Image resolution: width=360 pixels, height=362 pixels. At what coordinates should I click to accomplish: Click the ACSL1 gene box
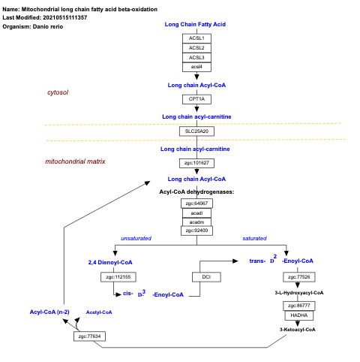click(196, 38)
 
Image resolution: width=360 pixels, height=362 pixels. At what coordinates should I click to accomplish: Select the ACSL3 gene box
click(196, 57)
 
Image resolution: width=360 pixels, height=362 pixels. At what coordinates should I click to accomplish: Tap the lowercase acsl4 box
click(196, 67)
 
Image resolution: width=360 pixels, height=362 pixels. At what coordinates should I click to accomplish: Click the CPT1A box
click(196, 98)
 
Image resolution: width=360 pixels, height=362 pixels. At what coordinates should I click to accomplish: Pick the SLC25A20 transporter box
click(196, 131)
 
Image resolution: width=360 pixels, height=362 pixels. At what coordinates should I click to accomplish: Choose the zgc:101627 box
click(196, 162)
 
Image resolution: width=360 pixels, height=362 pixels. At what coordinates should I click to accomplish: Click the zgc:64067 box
click(196, 203)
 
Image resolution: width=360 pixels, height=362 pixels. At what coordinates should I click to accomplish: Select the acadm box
click(196, 222)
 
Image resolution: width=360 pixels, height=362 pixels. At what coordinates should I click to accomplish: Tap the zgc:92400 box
click(196, 231)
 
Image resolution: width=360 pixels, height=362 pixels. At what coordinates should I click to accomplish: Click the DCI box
click(206, 277)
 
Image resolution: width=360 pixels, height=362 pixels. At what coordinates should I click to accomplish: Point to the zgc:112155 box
click(115, 277)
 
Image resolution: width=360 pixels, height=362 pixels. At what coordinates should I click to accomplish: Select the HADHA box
click(298, 315)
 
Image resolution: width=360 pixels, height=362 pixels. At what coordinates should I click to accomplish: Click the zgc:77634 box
click(89, 336)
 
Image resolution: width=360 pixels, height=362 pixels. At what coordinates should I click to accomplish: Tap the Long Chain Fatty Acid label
click(195, 24)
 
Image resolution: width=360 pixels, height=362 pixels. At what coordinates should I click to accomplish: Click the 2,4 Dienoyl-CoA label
click(110, 261)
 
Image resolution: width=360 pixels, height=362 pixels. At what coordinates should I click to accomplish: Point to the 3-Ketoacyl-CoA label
click(298, 329)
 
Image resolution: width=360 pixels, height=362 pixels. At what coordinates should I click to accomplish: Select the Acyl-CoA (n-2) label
click(49, 311)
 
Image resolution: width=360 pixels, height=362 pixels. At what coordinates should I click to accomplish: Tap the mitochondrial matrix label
click(75, 161)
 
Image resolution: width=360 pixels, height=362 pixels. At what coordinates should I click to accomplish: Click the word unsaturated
click(136, 238)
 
